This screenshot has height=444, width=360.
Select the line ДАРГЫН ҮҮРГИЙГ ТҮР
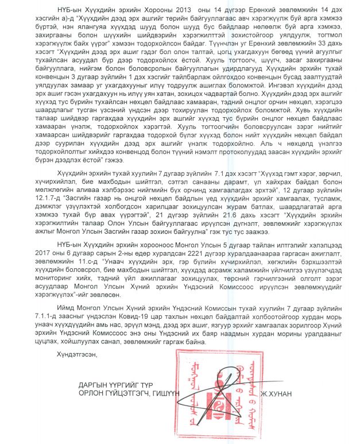[x=115, y=385]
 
